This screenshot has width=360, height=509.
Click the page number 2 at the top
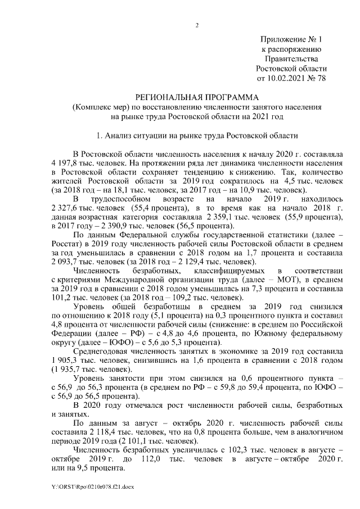coord(197,25)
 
